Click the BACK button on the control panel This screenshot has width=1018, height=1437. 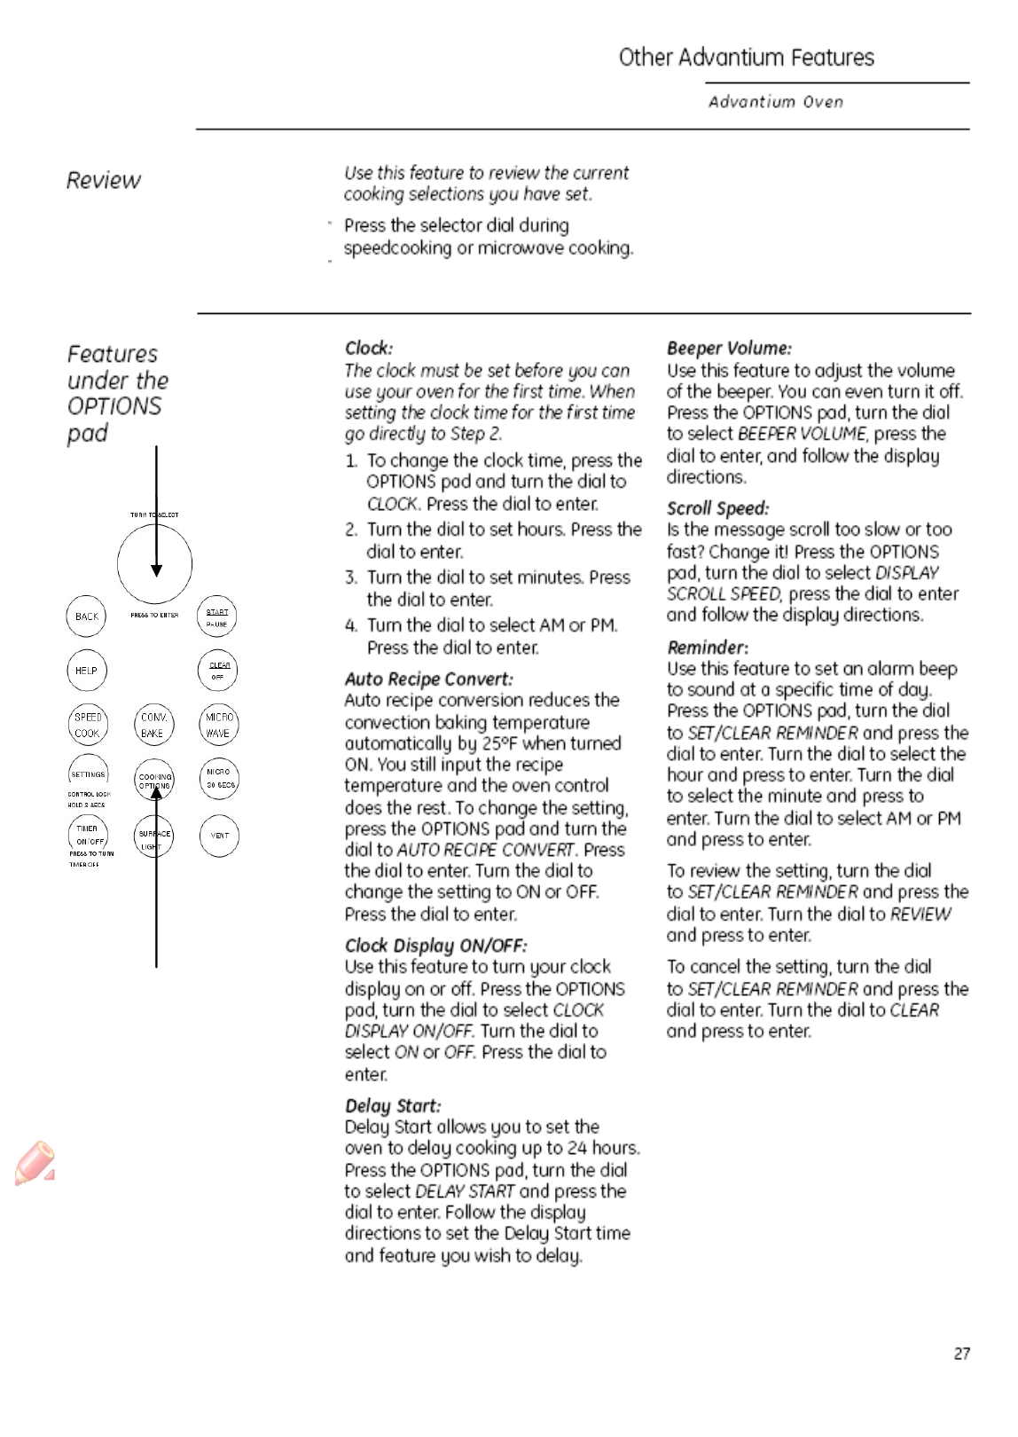tap(86, 616)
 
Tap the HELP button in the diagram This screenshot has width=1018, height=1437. tap(86, 671)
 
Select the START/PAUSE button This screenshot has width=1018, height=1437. tap(217, 617)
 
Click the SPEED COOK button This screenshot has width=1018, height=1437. tap(88, 725)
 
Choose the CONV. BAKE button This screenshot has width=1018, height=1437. tap(153, 725)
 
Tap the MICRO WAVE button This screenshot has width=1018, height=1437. tap(218, 725)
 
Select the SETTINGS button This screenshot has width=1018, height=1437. tap(88, 774)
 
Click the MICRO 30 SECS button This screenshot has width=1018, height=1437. tap(219, 778)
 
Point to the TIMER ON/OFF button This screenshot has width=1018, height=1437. tap(88, 835)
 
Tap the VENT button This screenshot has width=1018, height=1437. tap(219, 836)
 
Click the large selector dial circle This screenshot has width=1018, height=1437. tap(154, 563)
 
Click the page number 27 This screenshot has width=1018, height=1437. tap(961, 1354)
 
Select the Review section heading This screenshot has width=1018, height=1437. tap(104, 180)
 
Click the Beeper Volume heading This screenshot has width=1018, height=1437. tap(729, 349)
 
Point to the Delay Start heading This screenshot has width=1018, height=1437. tap(392, 1106)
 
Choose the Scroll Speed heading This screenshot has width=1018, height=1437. tap(717, 508)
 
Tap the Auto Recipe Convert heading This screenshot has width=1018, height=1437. tap(428, 679)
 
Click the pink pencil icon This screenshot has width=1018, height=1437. tap(35, 1163)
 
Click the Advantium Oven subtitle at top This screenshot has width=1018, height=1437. tap(775, 102)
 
